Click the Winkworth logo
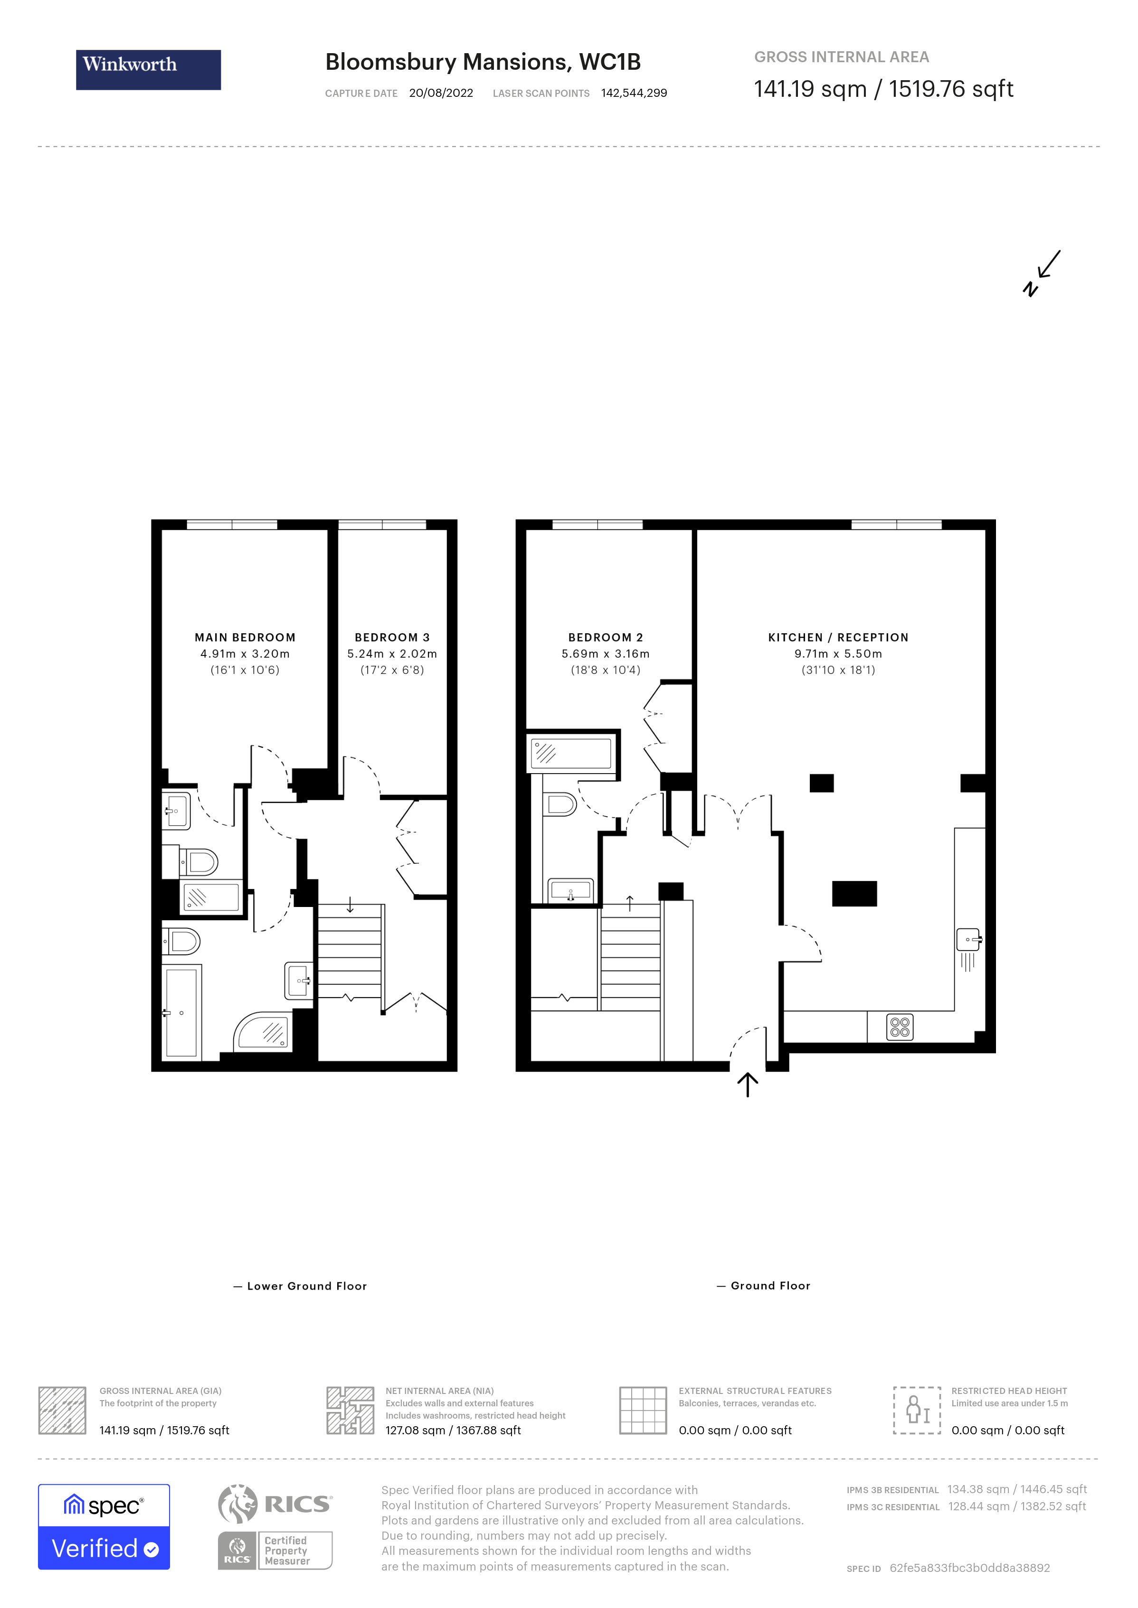[148, 69]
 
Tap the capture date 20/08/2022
[441, 93]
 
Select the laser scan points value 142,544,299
[634, 93]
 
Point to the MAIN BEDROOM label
[245, 637]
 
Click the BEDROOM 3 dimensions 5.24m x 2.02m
[392, 654]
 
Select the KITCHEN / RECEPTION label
[838, 637]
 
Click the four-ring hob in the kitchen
[900, 1027]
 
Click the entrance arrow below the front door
[748, 1085]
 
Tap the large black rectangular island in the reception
[854, 894]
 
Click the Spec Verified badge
[104, 1527]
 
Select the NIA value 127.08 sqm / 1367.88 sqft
[453, 1430]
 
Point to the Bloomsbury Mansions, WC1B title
[483, 62]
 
